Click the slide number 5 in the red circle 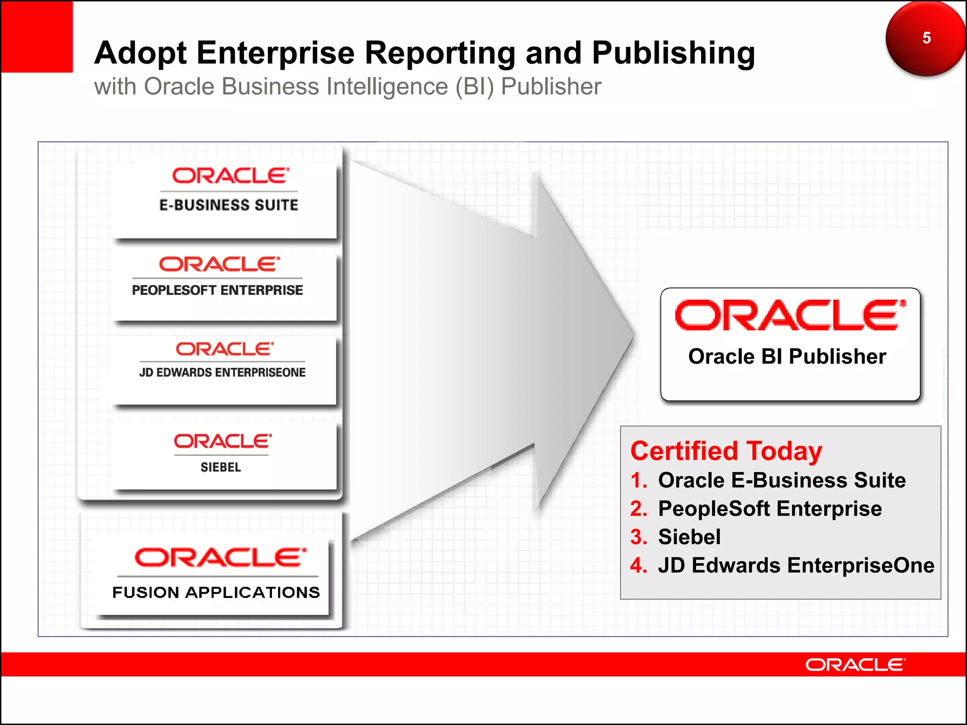point(926,38)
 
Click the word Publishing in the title point(673,53)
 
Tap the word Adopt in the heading point(140,53)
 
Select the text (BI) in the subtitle point(475,87)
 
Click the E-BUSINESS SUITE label point(229,205)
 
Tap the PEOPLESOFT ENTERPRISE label point(218,290)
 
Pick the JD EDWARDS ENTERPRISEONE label point(222,372)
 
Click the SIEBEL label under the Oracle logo point(221,467)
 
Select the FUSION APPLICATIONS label point(216,592)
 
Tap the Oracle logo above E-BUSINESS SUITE point(230,176)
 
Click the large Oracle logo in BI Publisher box point(790,315)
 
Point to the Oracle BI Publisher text point(787,356)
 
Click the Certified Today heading point(726,451)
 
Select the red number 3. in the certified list point(639,537)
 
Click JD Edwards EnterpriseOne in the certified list point(796,565)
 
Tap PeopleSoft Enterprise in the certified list point(770,509)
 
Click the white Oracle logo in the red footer point(855,665)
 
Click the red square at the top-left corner point(37,37)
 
